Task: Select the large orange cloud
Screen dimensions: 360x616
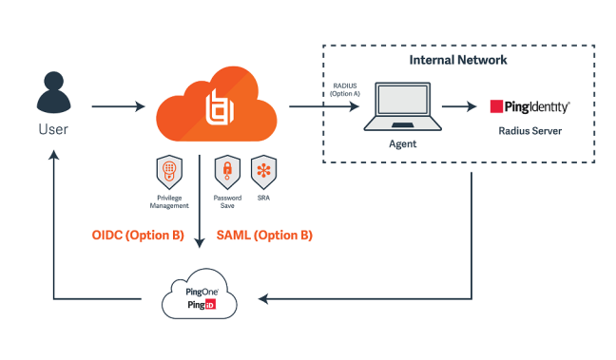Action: pos(216,104)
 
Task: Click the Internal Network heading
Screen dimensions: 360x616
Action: pos(457,59)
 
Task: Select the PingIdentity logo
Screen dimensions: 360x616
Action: pos(529,106)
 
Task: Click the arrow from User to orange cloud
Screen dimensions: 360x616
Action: pos(111,104)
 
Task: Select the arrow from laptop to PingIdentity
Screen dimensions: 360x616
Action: pos(459,106)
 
